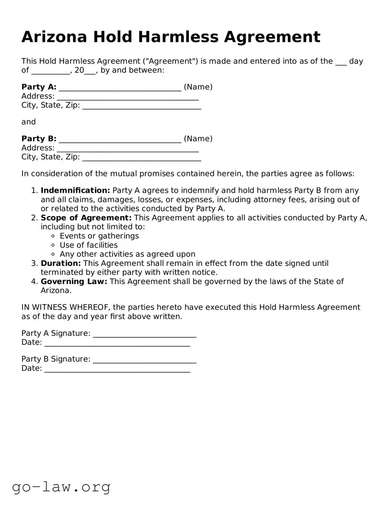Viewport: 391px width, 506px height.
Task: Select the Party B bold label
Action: point(39,139)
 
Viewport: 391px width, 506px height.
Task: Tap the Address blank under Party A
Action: point(128,97)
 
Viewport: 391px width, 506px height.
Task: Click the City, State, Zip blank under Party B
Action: point(141,158)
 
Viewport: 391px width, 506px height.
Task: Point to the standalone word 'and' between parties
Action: point(28,122)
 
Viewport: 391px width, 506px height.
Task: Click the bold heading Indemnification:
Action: point(75,190)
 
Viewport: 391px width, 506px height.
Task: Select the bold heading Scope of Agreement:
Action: point(86,218)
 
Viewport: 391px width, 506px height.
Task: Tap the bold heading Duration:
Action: point(61,263)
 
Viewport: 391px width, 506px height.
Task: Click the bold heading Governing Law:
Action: point(74,281)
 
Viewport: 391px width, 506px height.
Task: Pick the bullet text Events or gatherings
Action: point(99,236)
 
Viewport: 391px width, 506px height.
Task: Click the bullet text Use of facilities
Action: point(89,245)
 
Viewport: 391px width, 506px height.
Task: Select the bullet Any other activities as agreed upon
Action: point(127,254)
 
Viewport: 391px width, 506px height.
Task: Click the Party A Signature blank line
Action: point(144,334)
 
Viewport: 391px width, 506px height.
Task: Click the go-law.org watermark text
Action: point(61,487)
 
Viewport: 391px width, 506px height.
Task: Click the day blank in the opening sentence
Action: point(341,62)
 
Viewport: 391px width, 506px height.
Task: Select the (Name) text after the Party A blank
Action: point(198,87)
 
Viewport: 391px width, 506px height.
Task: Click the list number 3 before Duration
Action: point(34,263)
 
